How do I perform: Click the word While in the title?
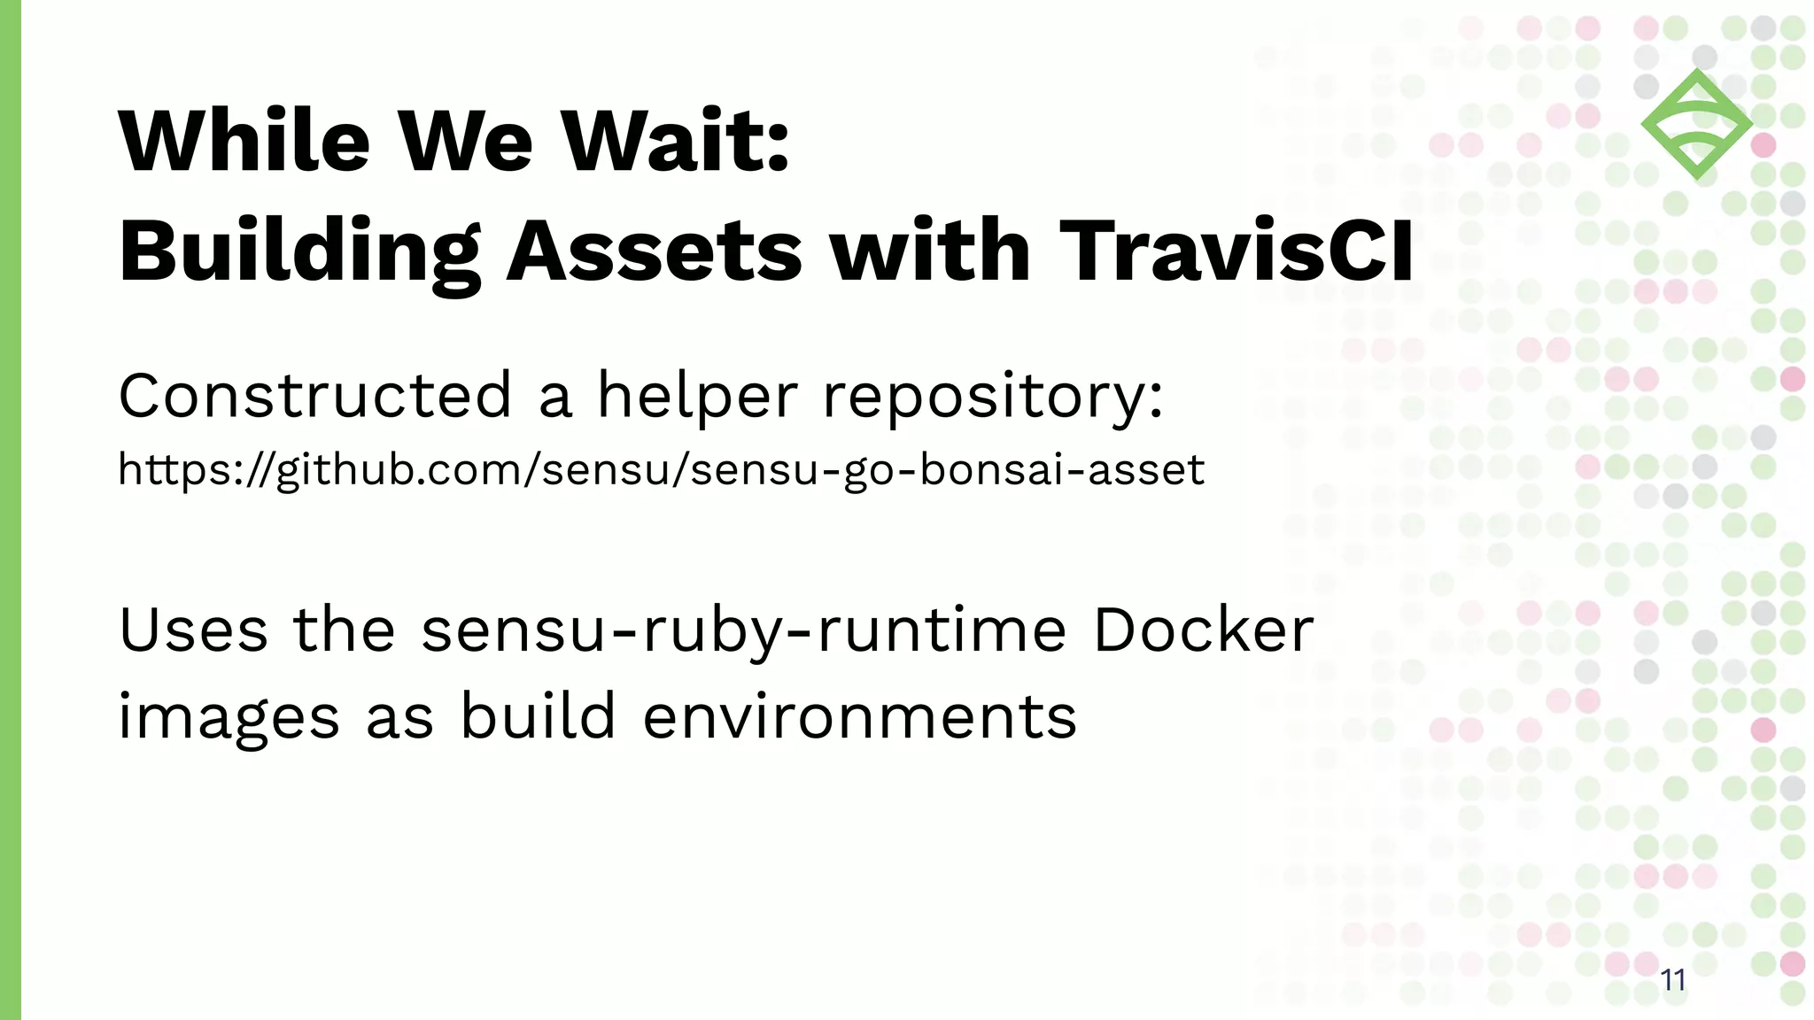[244, 142]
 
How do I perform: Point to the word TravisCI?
[1236, 252]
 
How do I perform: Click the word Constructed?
[315, 396]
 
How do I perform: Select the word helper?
[697, 396]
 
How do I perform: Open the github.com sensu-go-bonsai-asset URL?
[661, 470]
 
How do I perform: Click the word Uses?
[193, 630]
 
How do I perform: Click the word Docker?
[1203, 630]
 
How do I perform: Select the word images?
[229, 717]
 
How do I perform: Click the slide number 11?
[1672, 980]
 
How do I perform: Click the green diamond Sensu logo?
[1696, 124]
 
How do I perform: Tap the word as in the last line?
[399, 717]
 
